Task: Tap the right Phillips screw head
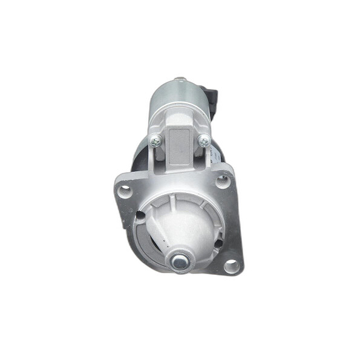point(204,140)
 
